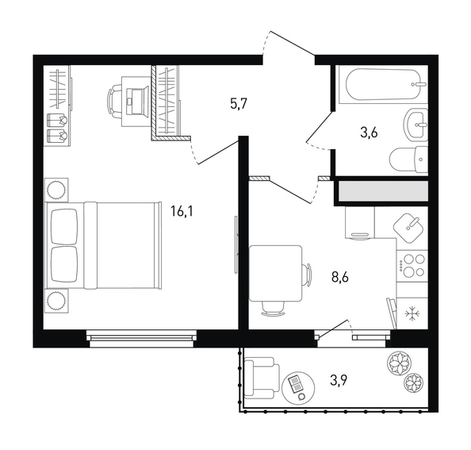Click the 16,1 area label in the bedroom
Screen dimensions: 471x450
tap(182, 211)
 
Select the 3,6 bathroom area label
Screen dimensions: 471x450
tap(369, 133)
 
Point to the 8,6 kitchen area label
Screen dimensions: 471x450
tap(339, 277)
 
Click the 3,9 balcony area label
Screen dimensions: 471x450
tap(339, 381)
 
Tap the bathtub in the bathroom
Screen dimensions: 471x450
tap(383, 85)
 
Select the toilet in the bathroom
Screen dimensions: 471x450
tap(408, 160)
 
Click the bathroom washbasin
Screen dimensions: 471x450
tap(415, 125)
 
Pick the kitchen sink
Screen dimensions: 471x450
tap(408, 228)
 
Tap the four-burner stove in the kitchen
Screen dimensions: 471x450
tap(412, 265)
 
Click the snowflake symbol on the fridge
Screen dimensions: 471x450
tap(412, 314)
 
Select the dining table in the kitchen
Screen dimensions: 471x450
tap(275, 273)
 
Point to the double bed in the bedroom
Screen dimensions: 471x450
tap(103, 245)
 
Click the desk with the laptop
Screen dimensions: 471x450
tap(136, 101)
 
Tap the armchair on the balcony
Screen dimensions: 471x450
tap(262, 378)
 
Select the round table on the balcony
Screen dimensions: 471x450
tap(299, 388)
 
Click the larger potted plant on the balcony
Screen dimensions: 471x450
tap(398, 363)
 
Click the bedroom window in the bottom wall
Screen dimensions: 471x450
tap(141, 338)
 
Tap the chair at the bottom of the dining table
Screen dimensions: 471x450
tap(273, 309)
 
